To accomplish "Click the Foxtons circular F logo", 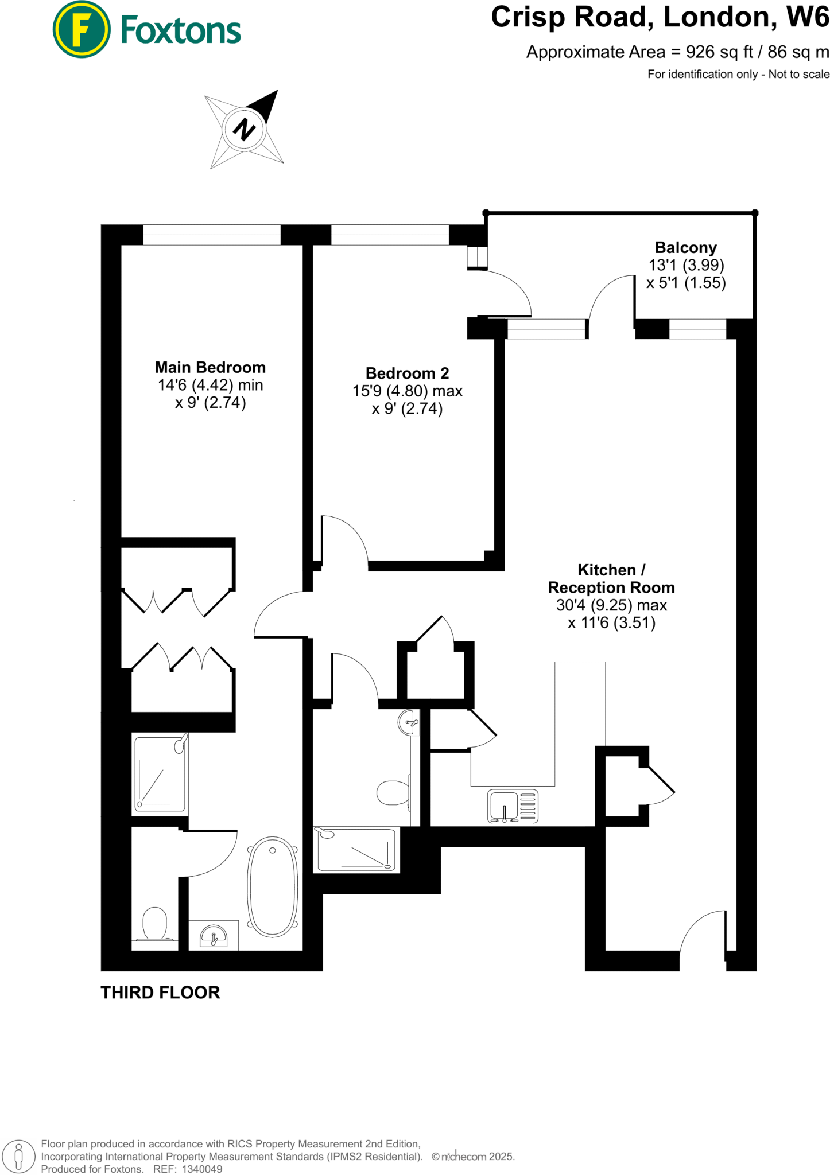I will tap(81, 29).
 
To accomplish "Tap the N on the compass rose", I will tap(244, 129).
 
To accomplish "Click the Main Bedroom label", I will tap(210, 367).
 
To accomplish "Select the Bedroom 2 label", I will tap(407, 373).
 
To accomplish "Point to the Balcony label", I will tap(685, 248).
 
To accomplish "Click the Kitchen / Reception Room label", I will tap(611, 579).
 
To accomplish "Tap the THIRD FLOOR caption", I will tap(160, 993).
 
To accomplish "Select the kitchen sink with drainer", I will tap(513, 806).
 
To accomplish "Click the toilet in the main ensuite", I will tap(154, 924).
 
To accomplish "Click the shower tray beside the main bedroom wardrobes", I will tap(160, 773).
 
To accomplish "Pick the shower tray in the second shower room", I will tap(356, 849).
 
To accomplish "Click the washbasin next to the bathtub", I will tap(214, 936).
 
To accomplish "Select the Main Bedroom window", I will tap(211, 235).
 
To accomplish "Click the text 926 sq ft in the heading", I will tap(719, 52).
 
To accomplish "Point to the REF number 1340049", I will tap(201, 1169).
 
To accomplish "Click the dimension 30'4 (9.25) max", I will tap(611, 605).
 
